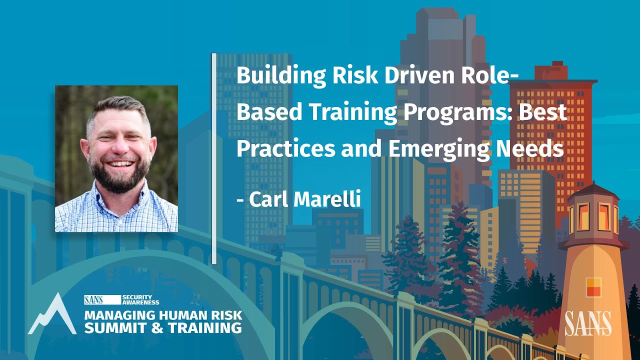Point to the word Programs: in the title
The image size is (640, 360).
pos(457,112)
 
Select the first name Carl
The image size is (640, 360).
pos(268,199)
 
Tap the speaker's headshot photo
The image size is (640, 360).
pos(116,158)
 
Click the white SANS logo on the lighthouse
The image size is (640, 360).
pos(588,323)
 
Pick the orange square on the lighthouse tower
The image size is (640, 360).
pos(593,287)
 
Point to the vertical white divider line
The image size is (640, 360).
pos(214,158)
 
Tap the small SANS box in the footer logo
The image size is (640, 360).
pos(94,299)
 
